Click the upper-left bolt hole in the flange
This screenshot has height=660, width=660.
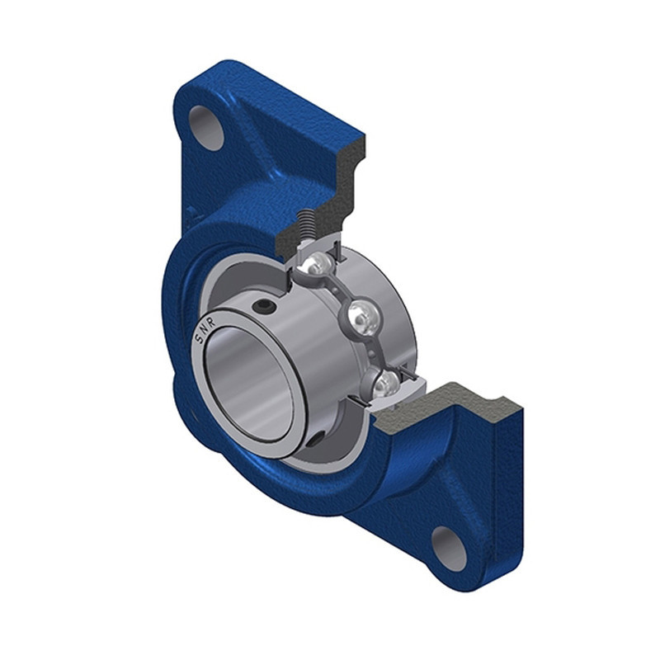[206, 128]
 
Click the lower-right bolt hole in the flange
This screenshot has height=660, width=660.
[450, 549]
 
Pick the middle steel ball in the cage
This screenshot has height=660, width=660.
[364, 318]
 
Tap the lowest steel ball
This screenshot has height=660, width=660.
[385, 384]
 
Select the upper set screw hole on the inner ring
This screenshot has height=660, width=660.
[264, 307]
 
